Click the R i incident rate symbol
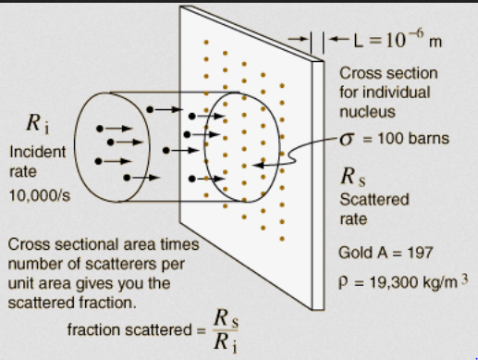[x=38, y=123]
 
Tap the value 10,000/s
[x=40, y=195]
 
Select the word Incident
[x=38, y=152]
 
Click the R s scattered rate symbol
[x=353, y=177]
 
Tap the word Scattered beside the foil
[x=374, y=200]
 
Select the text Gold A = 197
[x=386, y=253]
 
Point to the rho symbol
[x=343, y=283]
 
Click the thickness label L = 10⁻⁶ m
[x=398, y=40]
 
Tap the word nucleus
[x=367, y=112]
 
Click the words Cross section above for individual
[x=388, y=73]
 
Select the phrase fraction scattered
[x=129, y=329]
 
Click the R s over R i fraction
[x=226, y=330]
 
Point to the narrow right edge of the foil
[x=318, y=185]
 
